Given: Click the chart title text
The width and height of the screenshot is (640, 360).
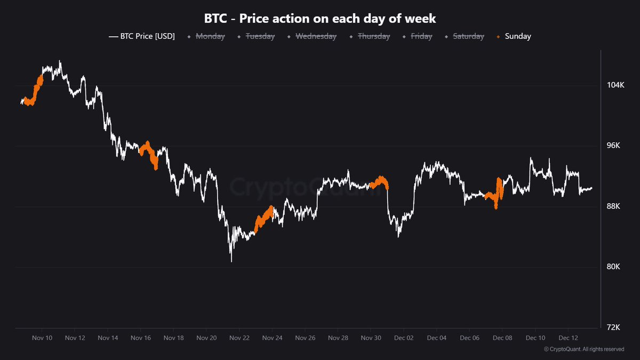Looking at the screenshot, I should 320,19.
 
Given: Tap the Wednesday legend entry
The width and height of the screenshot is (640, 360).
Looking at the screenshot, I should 316,36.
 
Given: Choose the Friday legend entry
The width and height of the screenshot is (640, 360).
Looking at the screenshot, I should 421,36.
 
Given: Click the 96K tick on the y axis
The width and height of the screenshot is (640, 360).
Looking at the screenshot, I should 615,146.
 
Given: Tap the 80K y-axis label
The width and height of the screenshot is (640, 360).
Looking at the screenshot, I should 615,267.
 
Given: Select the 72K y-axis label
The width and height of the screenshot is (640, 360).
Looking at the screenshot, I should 615,327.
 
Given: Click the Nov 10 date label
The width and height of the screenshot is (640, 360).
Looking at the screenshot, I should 42,338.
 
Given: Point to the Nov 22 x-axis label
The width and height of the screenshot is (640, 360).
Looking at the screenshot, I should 239,338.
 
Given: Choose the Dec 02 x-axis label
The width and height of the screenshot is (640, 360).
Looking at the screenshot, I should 404,338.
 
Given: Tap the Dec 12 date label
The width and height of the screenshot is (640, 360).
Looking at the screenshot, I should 567,338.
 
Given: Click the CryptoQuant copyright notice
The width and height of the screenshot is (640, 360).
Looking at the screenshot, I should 584,349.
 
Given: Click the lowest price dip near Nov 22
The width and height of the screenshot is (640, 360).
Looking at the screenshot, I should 231,261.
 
